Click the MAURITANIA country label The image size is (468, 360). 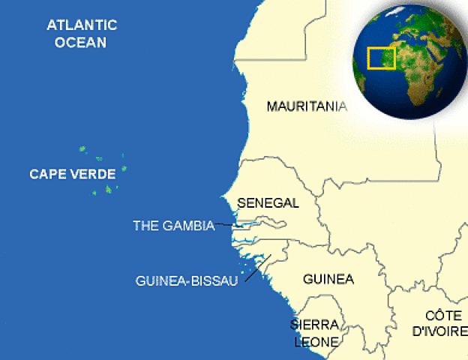[x=307, y=106]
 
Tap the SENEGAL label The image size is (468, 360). [x=268, y=202]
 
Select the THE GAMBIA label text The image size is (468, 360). [x=173, y=225]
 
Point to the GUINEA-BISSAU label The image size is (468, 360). [x=187, y=280]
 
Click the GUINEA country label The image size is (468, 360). [x=328, y=279]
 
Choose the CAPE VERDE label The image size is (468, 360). [x=72, y=174]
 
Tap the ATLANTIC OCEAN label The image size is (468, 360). [x=82, y=34]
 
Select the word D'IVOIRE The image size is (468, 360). [x=441, y=331]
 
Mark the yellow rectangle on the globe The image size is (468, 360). [x=381, y=58]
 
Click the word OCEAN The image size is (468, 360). [x=80, y=42]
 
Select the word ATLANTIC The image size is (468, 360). [x=82, y=25]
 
